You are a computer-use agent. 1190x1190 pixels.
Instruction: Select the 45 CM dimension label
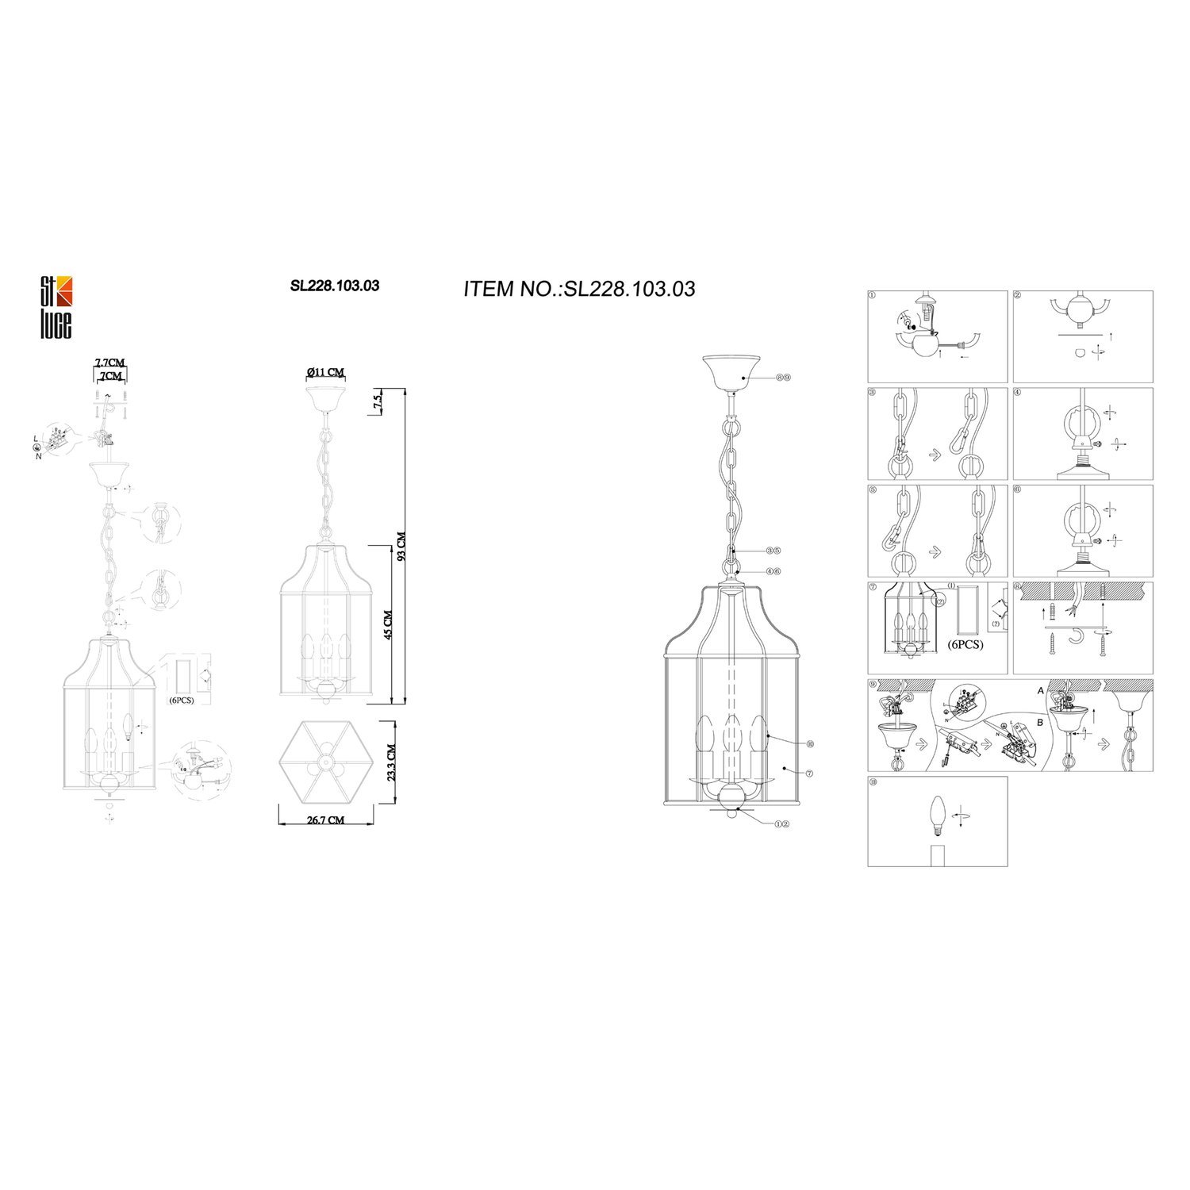388,624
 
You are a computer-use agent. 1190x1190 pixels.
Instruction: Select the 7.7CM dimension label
109,363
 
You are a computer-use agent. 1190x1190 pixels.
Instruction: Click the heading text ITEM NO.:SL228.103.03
579,289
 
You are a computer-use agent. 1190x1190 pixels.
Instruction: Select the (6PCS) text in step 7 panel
965,644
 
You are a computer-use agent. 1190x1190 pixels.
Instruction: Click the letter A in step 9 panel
1041,691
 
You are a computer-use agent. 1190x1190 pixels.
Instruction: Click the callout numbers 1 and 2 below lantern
781,823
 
